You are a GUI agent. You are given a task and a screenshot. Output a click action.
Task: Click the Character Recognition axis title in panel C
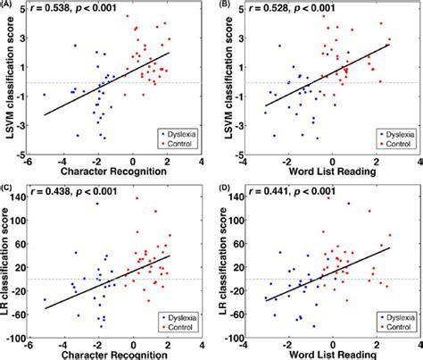tap(116, 354)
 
